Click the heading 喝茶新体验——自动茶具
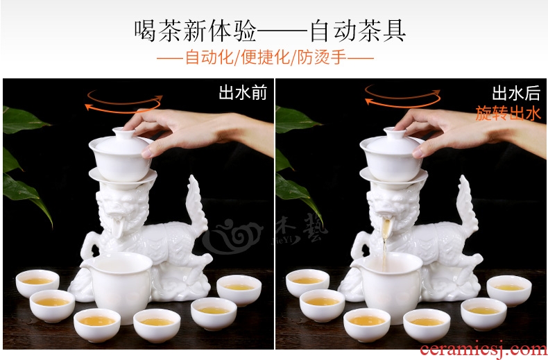click(270, 31)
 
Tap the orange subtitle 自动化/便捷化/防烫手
click(266, 58)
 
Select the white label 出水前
click(243, 93)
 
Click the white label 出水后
click(516, 93)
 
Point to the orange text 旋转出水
click(508, 113)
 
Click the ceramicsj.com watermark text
click(483, 350)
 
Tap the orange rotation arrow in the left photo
click(123, 102)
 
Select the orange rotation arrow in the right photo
click(402, 96)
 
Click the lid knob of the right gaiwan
click(394, 132)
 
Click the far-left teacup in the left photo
click(37, 283)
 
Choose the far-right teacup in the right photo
click(509, 290)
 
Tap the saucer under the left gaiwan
click(123, 177)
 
